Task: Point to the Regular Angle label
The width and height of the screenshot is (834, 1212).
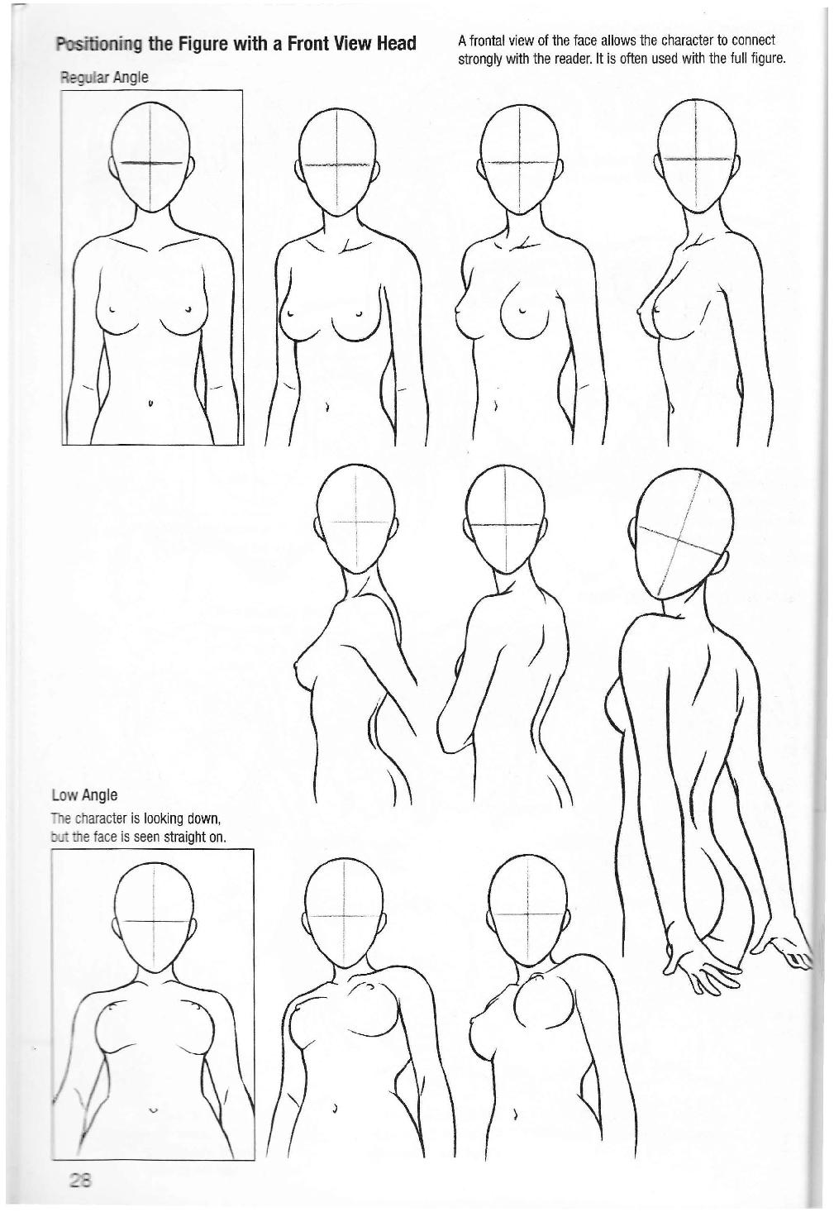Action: tap(103, 78)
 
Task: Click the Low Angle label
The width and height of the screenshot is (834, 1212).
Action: tap(84, 795)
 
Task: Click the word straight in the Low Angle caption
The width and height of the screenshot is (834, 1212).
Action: tap(180, 837)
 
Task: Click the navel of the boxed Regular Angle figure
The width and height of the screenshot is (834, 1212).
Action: tap(150, 403)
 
